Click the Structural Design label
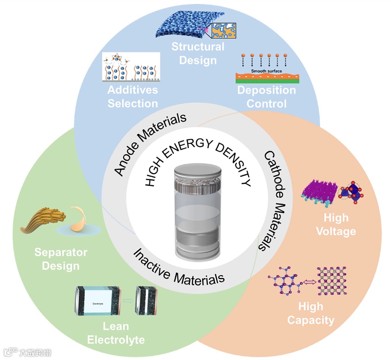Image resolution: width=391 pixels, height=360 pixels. coord(198,53)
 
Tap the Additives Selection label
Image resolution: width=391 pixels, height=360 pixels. coord(132,96)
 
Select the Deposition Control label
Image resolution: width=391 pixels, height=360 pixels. coord(267,97)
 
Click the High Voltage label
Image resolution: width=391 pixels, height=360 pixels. coord(336,225)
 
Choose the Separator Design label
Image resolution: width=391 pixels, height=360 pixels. coord(61,259)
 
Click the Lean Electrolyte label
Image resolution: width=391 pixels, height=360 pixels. coord(116,333)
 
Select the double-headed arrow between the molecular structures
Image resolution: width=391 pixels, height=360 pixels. coord(308,283)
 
